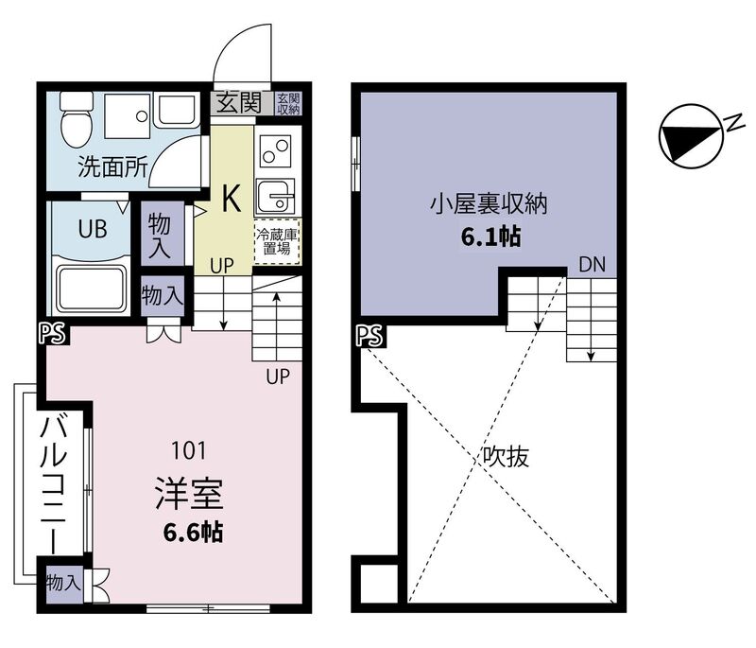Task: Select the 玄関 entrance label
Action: (240, 102)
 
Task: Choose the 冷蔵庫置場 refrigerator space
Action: (276, 241)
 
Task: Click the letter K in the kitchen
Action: (230, 198)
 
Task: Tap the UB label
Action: (93, 229)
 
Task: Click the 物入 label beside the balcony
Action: (63, 582)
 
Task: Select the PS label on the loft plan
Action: (369, 334)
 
